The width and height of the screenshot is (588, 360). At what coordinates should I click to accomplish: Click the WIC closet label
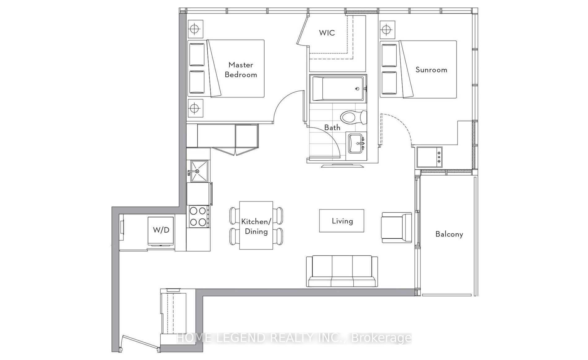[x=327, y=33]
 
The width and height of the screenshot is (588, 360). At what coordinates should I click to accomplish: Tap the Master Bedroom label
[x=241, y=70]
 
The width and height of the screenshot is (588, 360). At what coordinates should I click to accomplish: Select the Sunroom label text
[x=431, y=70]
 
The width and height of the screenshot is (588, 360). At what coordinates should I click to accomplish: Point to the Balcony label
[x=449, y=234]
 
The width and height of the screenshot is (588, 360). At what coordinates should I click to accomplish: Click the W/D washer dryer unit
[x=161, y=231]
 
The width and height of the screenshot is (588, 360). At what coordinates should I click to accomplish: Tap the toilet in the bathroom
[x=353, y=117]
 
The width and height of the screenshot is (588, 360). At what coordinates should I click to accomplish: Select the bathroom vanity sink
[x=357, y=143]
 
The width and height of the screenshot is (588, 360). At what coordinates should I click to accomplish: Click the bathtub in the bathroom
[x=338, y=89]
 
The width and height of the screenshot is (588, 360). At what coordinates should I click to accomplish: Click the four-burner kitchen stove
[x=198, y=217]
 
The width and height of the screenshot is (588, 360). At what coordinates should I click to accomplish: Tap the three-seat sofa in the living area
[x=342, y=271]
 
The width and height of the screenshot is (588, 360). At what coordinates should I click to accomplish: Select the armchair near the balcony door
[x=396, y=228]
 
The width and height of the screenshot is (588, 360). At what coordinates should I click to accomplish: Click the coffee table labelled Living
[x=342, y=221]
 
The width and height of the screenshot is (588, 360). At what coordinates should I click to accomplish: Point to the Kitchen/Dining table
[x=256, y=225]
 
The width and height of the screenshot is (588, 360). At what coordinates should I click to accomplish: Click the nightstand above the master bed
[x=195, y=29]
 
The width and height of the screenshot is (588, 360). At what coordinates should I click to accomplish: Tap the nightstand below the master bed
[x=195, y=108]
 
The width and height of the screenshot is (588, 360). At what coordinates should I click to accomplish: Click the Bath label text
[x=332, y=127]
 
